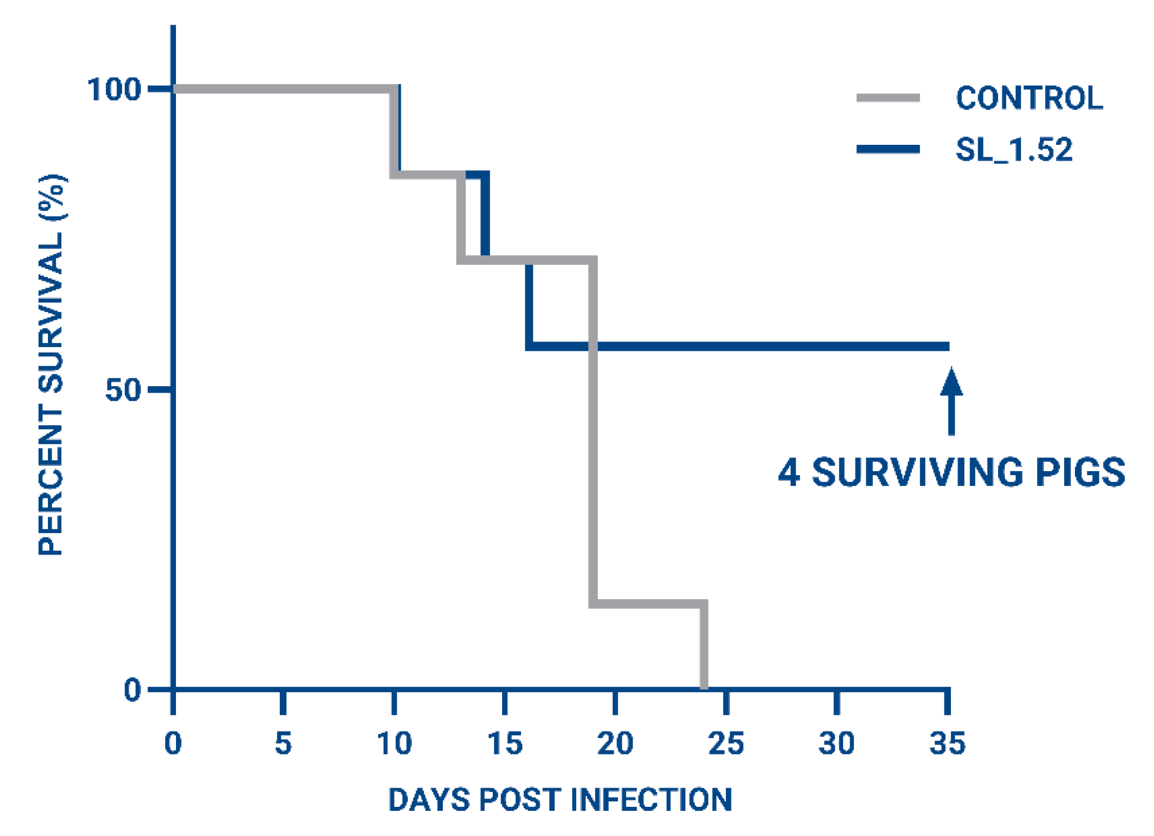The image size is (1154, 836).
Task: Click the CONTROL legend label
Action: [1029, 98]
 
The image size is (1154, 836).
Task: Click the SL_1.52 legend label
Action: [1014, 150]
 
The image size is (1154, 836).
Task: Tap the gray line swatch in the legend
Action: [888, 98]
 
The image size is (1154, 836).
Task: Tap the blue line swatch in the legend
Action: [888, 149]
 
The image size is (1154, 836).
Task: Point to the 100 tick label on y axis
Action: [114, 89]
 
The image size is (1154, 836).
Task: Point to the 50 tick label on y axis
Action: [123, 390]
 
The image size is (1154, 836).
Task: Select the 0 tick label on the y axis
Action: [132, 690]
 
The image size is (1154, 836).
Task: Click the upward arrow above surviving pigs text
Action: [951, 402]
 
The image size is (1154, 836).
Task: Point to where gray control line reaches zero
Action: [704, 687]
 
